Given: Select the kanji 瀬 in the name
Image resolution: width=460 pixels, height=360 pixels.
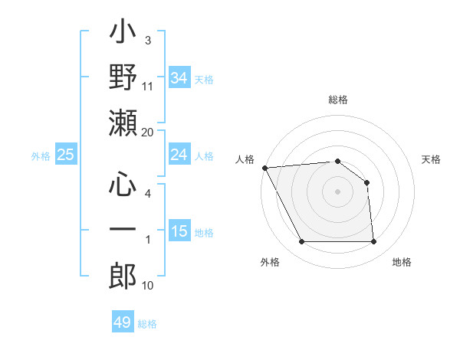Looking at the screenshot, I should click(x=123, y=123).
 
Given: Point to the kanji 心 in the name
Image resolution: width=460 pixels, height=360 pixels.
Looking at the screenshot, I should click(x=123, y=185).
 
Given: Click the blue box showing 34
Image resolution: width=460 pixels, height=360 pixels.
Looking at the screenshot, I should click(x=179, y=77).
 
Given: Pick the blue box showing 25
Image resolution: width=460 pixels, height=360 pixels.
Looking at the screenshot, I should click(x=65, y=155).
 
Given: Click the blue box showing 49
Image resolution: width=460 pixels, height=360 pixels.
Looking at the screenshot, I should click(x=123, y=322).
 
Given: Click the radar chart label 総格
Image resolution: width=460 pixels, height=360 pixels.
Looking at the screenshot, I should click(x=337, y=100).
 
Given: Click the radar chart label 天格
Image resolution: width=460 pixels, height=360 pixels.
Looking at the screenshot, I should click(x=431, y=159).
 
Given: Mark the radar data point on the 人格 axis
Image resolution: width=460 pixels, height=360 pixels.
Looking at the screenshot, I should click(x=264, y=167).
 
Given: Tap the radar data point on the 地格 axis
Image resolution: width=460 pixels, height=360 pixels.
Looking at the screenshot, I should click(x=373, y=242).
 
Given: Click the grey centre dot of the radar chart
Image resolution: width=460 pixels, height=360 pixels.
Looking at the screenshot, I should click(x=337, y=191).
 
